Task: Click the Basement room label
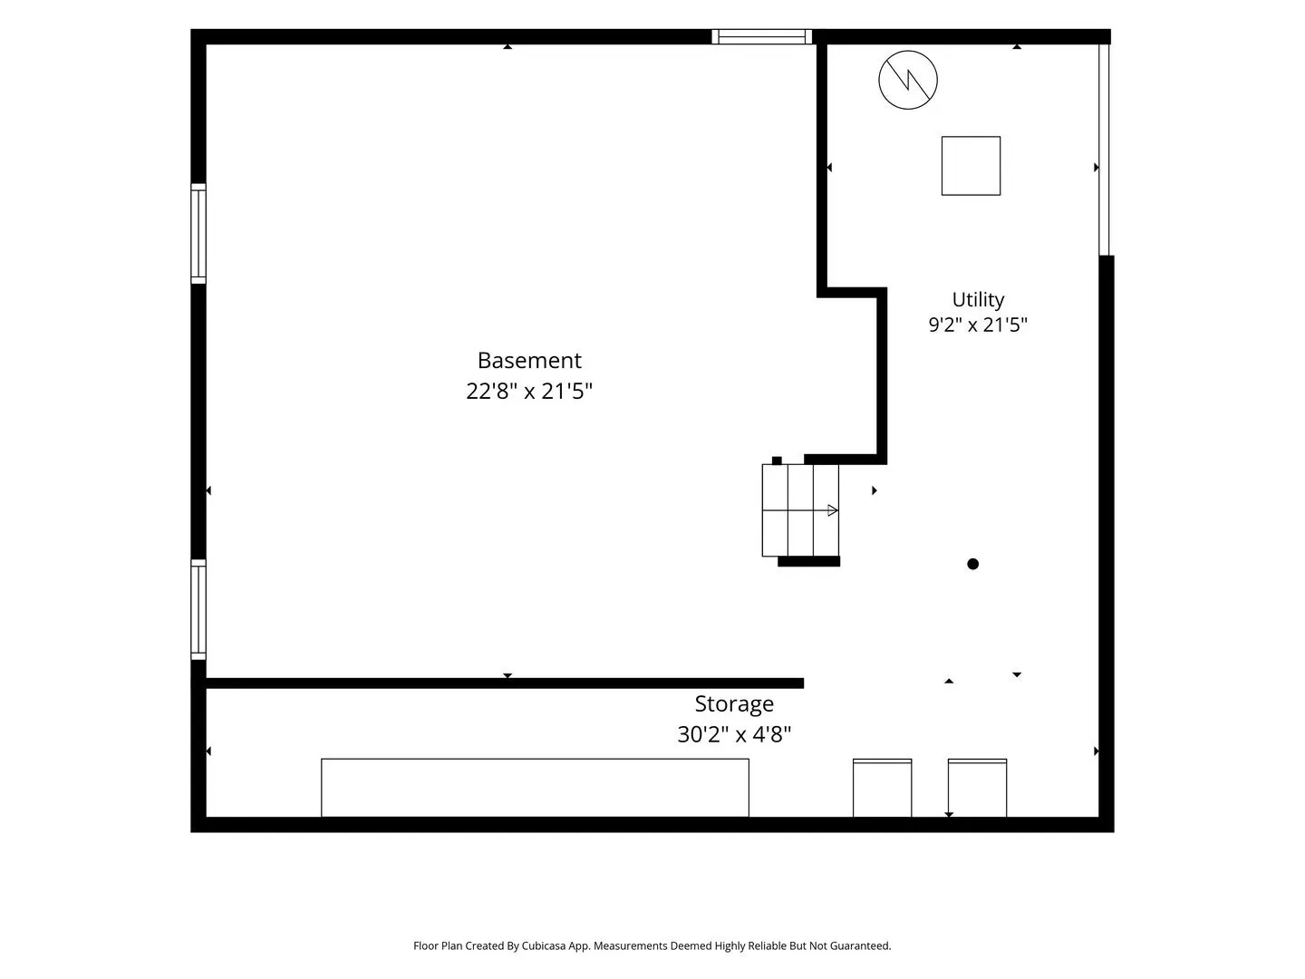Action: (529, 360)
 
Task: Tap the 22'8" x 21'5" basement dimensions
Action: (529, 391)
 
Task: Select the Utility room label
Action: (978, 299)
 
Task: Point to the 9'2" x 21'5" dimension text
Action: (978, 325)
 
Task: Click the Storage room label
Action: (734, 703)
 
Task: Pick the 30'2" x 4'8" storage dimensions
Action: (734, 734)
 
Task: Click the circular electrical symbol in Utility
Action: (908, 80)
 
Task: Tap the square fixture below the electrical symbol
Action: (971, 166)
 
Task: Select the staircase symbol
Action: (800, 510)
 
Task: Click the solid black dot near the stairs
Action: (972, 564)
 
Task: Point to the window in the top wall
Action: (761, 37)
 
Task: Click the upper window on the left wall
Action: (198, 234)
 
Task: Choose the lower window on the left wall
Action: (198, 609)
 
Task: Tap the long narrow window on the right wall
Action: (1104, 150)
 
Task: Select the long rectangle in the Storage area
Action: (535, 788)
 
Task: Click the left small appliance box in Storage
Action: (883, 789)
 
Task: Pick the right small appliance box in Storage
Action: (978, 789)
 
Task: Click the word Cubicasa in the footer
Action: (544, 945)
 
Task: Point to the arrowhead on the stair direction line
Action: (833, 510)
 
